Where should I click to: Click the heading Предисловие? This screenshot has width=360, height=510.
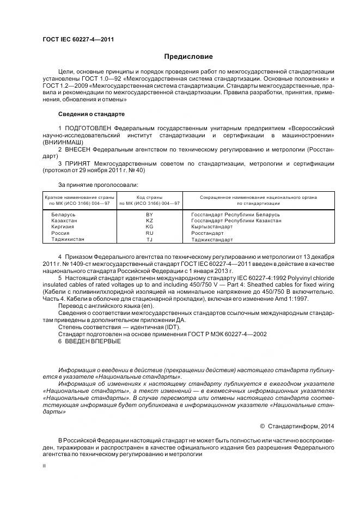[x=188, y=57]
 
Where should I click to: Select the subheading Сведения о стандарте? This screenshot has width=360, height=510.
[x=91, y=114]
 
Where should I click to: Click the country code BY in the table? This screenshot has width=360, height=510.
[x=149, y=215]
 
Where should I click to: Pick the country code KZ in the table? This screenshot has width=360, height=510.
[x=149, y=221]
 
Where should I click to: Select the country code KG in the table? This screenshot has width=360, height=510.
[x=149, y=227]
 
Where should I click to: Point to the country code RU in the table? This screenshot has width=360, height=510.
[x=149, y=233]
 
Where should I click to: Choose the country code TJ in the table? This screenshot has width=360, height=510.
[x=149, y=239]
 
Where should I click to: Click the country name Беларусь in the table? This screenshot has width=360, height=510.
[x=63, y=215]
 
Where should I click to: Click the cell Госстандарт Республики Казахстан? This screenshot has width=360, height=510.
[x=236, y=221]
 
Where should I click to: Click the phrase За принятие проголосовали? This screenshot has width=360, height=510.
[x=94, y=185]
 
